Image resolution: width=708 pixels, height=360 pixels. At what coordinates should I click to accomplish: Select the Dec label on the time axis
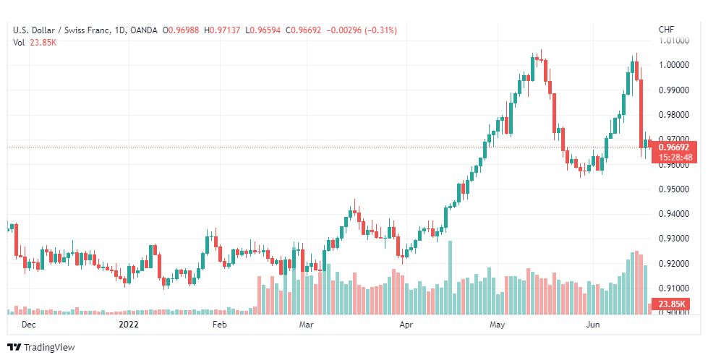[29, 325]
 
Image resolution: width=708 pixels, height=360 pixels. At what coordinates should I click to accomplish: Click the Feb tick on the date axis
[220, 325]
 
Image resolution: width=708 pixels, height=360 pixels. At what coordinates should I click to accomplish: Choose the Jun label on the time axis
[593, 325]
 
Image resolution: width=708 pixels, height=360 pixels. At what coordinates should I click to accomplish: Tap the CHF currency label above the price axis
[666, 30]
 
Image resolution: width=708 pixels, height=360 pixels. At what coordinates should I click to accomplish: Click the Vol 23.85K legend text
[35, 42]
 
